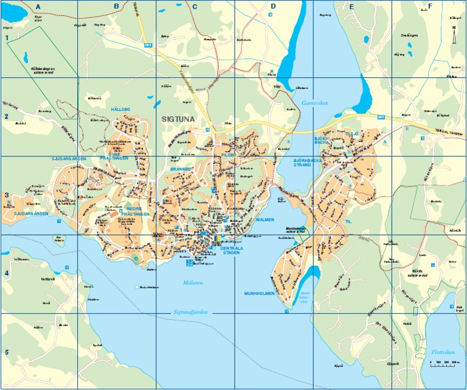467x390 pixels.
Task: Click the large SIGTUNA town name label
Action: (x=178, y=120)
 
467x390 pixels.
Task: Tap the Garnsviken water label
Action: (x=314, y=103)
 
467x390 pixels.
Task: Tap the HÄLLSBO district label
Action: (x=120, y=109)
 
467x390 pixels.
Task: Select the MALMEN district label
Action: (x=265, y=220)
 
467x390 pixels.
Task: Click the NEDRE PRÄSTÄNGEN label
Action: (x=137, y=211)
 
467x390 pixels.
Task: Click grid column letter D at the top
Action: (x=273, y=7)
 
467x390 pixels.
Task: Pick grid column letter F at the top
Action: (x=430, y=7)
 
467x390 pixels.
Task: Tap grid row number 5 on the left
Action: (x=7, y=352)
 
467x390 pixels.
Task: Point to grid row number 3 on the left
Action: (x=7, y=195)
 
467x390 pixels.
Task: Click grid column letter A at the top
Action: (x=38, y=7)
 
